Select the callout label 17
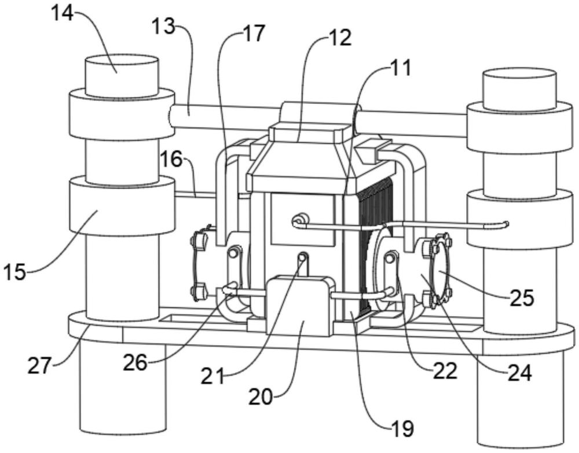tap(254, 34)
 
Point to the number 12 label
tap(340, 38)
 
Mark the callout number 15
tap(15, 273)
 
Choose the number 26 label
tap(135, 363)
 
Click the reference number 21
tap(212, 377)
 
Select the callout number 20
tap(261, 397)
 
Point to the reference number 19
tap(403, 429)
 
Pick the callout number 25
tap(522, 298)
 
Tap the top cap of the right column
tap(519, 89)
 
